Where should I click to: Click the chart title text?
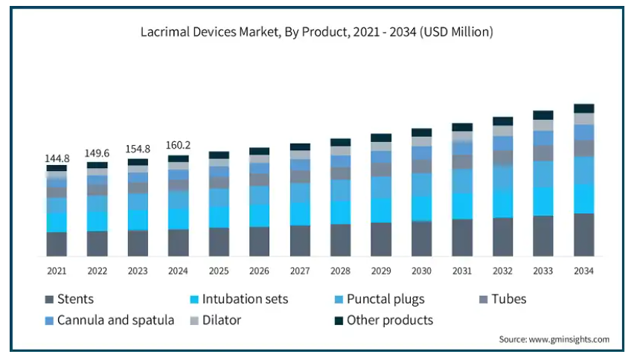[316, 31]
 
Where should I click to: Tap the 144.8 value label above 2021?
[57, 158]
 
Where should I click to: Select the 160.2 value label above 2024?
[178, 145]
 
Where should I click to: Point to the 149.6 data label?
[97, 153]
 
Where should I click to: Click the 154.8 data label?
[138, 149]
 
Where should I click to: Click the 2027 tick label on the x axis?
[300, 271]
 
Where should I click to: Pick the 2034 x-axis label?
[583, 271]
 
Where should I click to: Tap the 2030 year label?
[421, 271]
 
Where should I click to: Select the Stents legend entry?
[69, 299]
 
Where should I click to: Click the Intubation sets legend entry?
[239, 299]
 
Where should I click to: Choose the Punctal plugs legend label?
[380, 299]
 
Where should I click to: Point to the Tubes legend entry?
[503, 299]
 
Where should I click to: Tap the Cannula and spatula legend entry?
[109, 321]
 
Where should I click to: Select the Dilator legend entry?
[216, 321]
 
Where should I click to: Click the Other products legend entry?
[384, 321]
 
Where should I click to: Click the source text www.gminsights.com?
[569, 339]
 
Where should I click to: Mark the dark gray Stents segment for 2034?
[584, 235]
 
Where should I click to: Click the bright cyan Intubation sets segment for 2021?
[57, 222]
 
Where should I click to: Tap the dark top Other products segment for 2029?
[381, 138]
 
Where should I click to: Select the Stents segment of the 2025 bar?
[219, 242]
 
